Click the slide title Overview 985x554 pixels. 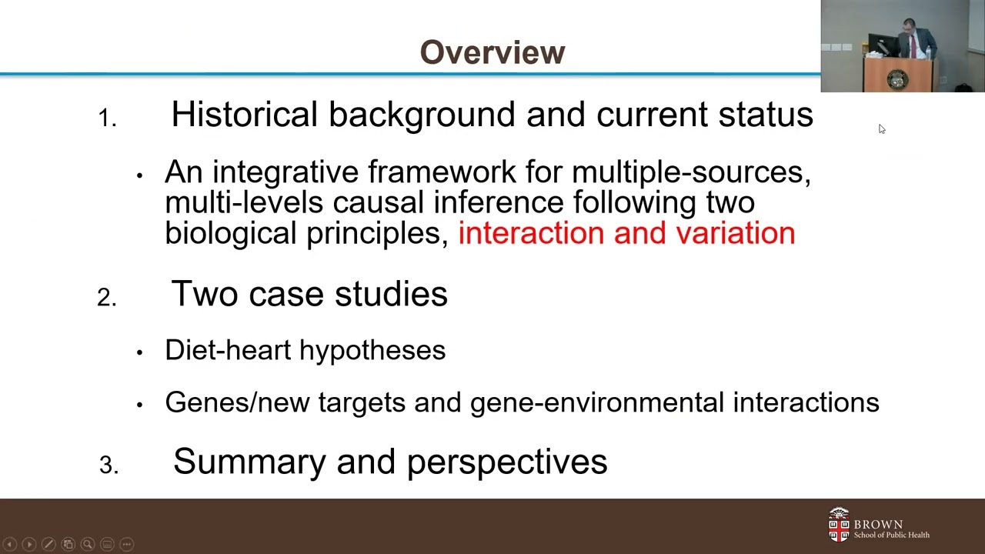(x=492, y=52)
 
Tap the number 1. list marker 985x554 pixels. (x=107, y=118)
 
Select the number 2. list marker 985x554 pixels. (x=106, y=298)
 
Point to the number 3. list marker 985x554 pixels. (x=109, y=465)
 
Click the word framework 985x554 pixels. (x=465, y=172)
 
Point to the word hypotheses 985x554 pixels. (x=372, y=351)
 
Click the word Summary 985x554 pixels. (x=249, y=462)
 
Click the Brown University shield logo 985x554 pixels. (x=838, y=525)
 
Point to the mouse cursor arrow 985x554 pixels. (x=882, y=129)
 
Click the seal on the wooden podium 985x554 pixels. (x=897, y=79)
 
